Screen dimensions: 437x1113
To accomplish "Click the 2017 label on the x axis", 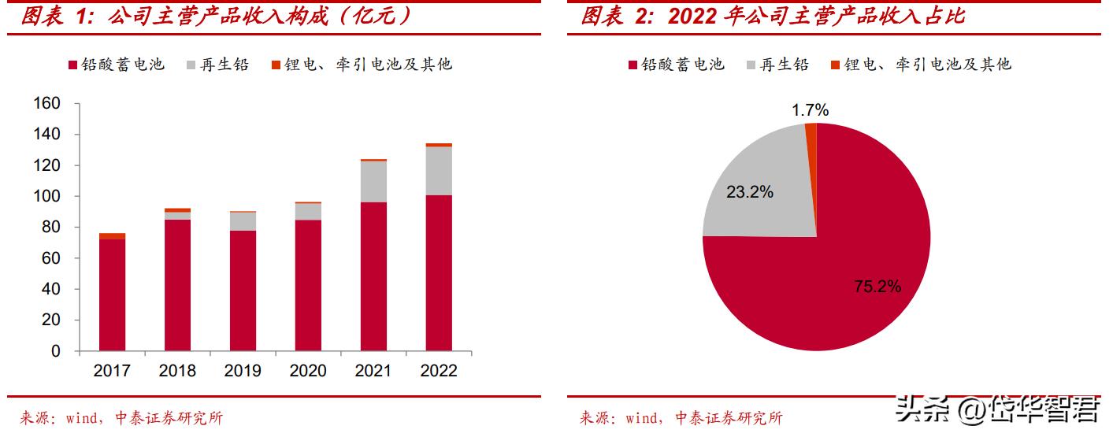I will [x=112, y=371].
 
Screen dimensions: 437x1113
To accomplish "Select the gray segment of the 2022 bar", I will [x=439, y=171].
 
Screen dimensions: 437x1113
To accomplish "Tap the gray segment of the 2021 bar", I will [x=373, y=182].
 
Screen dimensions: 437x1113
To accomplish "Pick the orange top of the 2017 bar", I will [x=112, y=236].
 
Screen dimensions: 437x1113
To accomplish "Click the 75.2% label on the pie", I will [x=877, y=287].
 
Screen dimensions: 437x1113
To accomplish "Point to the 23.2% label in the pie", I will [x=750, y=191].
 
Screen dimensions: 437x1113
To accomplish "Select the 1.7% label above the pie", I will [x=810, y=110].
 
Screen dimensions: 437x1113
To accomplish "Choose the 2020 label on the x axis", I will [x=308, y=371].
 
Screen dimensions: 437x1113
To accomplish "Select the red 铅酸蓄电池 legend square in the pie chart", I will [x=633, y=65].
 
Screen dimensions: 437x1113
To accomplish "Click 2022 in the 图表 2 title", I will [x=692, y=16].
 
